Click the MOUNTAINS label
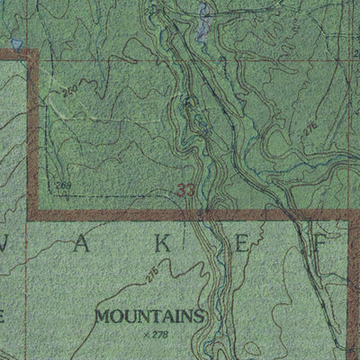pos(149,316)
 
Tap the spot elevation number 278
pos(161,335)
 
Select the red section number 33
pos(186,190)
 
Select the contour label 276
pos(310,130)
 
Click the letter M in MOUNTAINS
pos(102,316)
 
